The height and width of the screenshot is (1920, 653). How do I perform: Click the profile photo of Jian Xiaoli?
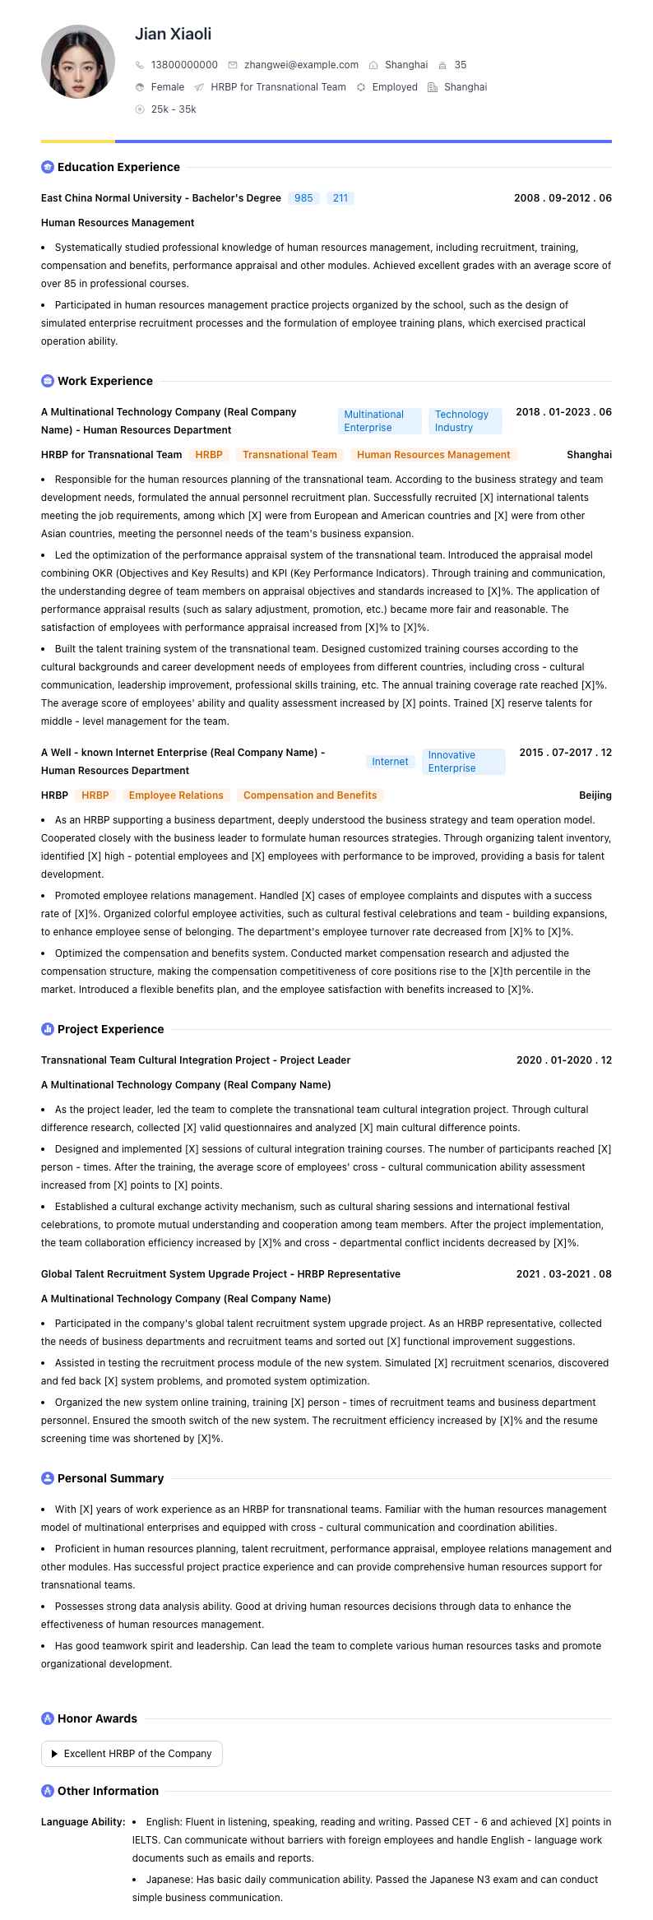[78, 62]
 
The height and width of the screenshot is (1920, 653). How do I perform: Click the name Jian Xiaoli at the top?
[173, 34]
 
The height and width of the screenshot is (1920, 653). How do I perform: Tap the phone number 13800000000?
[184, 65]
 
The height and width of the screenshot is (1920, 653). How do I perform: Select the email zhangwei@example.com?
[301, 65]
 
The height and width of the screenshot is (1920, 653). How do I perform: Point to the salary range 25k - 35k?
[174, 109]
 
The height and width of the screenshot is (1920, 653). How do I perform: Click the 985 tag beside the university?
[303, 198]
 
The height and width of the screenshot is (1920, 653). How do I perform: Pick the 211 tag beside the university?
[340, 198]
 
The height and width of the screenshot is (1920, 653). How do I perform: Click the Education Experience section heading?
[118, 167]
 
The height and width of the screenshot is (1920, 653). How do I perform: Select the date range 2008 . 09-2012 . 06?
[563, 198]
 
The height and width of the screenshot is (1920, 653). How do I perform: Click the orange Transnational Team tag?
[289, 455]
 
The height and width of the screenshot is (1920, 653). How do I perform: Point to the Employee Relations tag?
[176, 795]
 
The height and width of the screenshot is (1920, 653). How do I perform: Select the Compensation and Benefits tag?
[310, 795]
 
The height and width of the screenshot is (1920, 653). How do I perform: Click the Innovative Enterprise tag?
[463, 762]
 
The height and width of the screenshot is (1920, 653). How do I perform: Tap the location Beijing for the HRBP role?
[595, 795]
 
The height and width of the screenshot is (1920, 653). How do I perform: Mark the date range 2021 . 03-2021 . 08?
[563, 1274]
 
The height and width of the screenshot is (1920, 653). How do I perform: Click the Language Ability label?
[83, 1822]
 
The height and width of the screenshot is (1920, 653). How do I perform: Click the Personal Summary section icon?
[48, 1478]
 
